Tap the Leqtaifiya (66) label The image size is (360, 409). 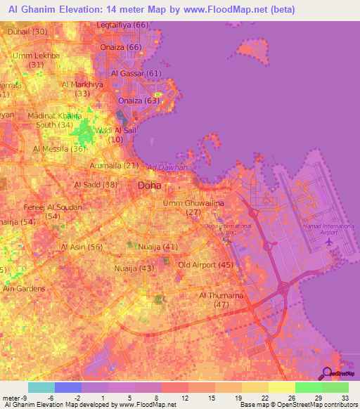(x=124, y=25)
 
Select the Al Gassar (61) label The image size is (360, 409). (x=136, y=73)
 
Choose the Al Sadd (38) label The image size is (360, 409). (x=96, y=185)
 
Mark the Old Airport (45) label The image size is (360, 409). (x=205, y=265)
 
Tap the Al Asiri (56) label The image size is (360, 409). (x=82, y=247)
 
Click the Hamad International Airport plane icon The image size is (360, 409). (x=330, y=241)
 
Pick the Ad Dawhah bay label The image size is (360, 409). (x=167, y=167)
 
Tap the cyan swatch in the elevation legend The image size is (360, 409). (x=41, y=387)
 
